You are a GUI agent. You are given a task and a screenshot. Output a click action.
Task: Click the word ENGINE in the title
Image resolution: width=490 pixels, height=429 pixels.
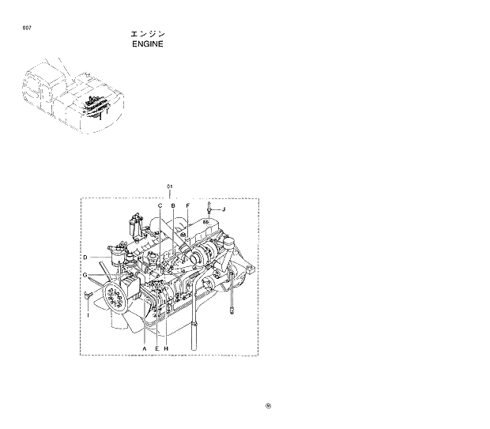147,45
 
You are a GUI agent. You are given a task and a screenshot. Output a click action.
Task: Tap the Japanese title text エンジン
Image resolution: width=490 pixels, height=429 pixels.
147,35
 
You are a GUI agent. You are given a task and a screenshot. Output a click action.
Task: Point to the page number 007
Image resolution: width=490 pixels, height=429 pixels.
28,28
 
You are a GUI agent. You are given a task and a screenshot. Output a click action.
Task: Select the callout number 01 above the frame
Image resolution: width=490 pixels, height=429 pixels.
169,187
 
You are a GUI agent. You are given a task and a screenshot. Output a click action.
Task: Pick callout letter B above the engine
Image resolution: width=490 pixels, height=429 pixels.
172,205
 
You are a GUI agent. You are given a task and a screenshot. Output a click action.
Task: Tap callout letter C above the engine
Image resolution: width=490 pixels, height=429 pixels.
160,205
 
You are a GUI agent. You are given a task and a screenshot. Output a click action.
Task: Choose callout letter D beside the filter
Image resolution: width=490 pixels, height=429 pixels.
85,258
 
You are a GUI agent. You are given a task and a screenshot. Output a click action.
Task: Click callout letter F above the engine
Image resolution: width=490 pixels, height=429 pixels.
187,205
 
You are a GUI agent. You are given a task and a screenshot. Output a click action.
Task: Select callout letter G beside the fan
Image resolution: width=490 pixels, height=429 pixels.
85,274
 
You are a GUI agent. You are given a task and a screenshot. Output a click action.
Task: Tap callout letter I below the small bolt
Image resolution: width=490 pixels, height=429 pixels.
87,314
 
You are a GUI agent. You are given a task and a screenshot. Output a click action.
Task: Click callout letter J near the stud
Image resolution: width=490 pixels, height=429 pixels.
224,209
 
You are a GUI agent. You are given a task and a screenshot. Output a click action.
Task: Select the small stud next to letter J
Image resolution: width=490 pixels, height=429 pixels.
208,209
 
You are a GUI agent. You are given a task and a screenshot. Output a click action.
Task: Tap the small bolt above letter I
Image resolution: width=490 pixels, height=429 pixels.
88,295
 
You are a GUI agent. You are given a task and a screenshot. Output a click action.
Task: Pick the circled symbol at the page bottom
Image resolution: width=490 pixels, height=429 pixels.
269,407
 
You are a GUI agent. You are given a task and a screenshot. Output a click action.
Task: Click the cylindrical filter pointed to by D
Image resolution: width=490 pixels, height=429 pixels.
120,256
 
